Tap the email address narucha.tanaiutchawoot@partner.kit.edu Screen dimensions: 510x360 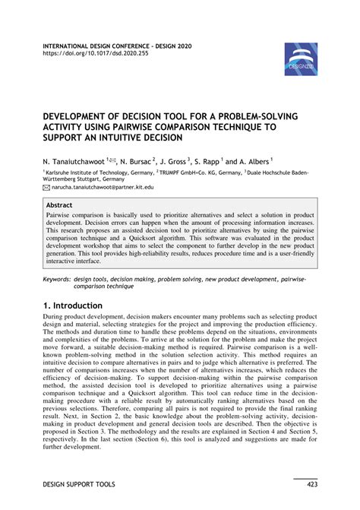pos(102,185)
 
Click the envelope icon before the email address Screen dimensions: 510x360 pos(46,185)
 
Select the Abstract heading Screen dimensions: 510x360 pos(59,205)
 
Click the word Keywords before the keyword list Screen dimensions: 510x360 pos(59,280)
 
